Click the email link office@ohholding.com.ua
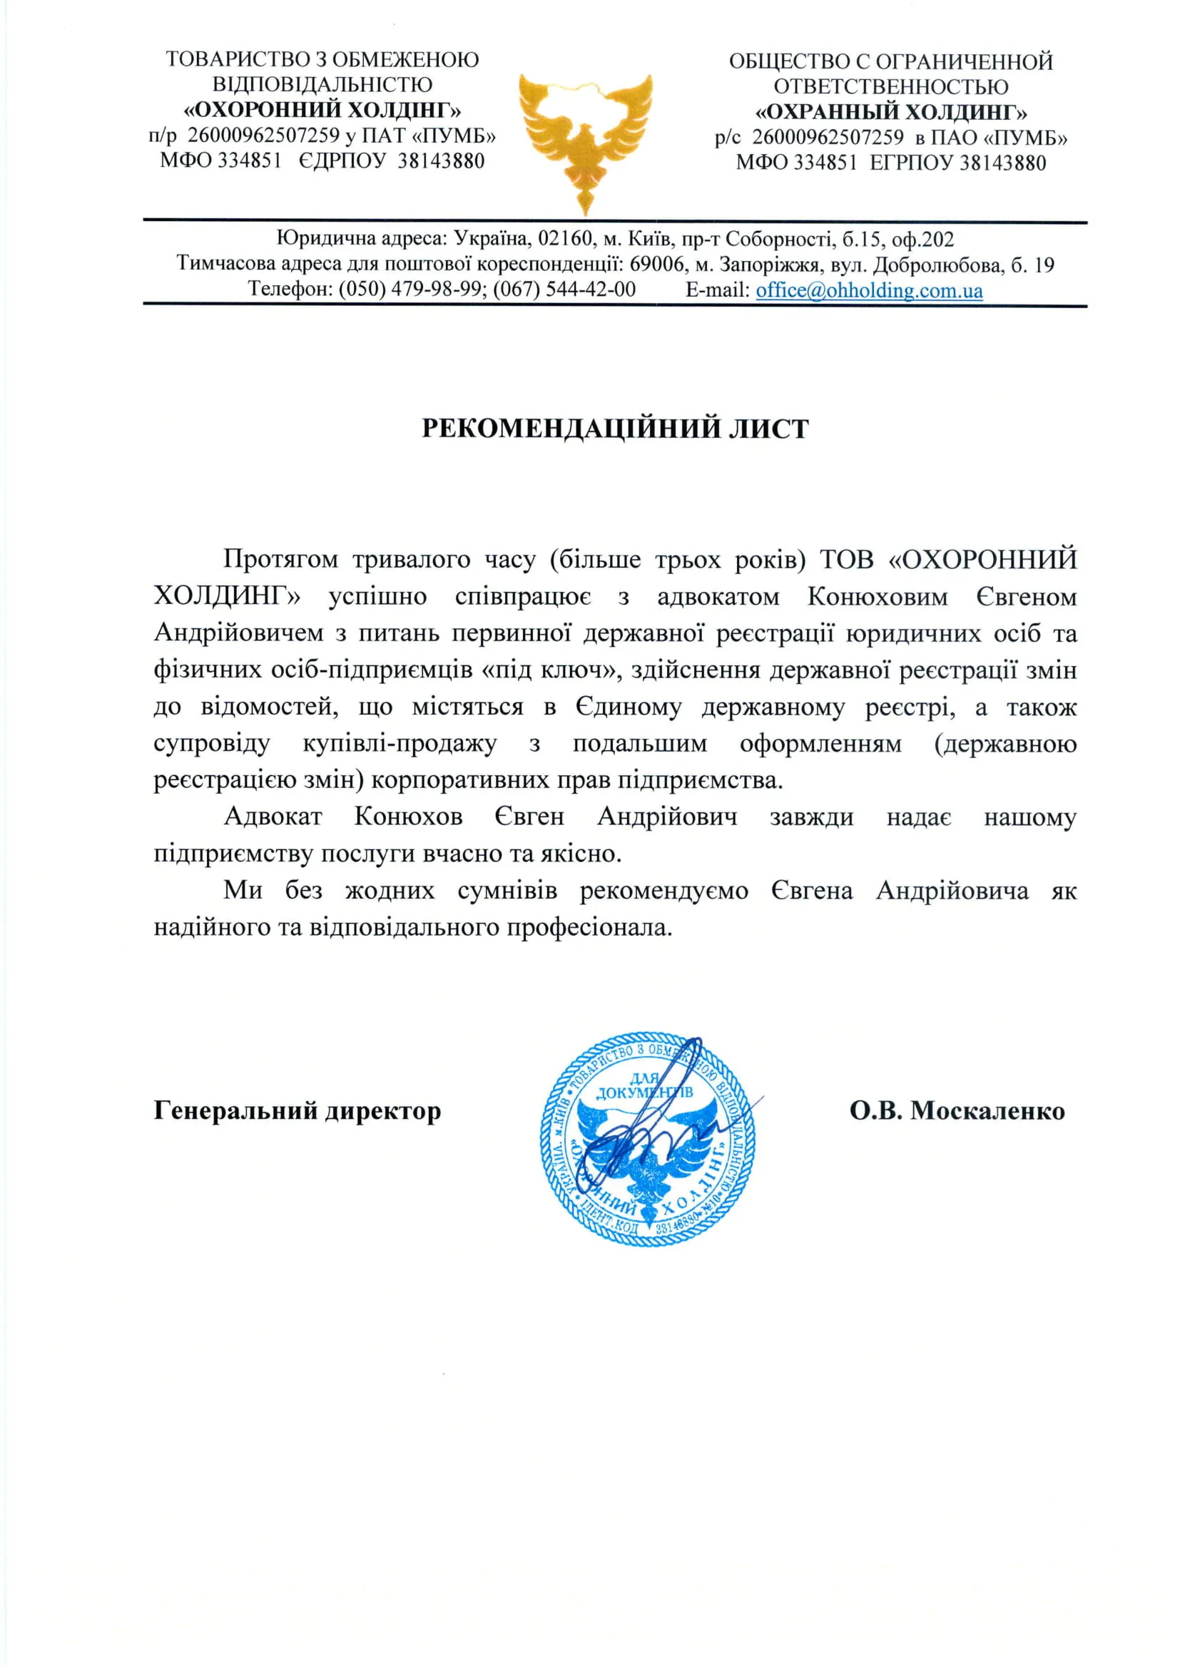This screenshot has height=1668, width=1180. tap(869, 290)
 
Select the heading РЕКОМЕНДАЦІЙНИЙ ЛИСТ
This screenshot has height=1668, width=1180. tap(615, 429)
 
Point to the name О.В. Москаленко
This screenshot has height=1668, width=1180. tap(957, 1111)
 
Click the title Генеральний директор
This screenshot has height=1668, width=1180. tap(297, 1111)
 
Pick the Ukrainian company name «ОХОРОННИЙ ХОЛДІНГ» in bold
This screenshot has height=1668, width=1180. tap(322, 110)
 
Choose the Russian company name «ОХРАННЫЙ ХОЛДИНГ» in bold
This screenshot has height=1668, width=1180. tap(891, 112)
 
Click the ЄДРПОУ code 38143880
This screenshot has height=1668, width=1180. tap(440, 160)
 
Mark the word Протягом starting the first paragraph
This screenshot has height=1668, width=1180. tap(280, 559)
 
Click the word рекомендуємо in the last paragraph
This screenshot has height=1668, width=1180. tap(663, 891)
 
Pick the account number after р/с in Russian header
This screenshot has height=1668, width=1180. tap(828, 137)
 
